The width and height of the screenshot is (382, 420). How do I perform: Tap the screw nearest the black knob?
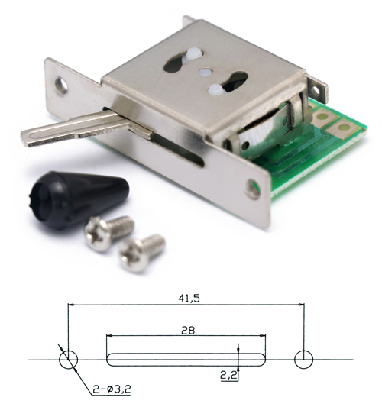(x=108, y=232)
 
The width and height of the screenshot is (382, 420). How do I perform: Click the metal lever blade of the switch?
(x=75, y=129)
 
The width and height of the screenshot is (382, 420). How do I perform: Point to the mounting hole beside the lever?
(x=61, y=85)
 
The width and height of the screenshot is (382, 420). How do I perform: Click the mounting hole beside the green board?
(x=253, y=189)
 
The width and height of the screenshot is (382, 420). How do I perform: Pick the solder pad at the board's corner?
(x=344, y=128)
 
